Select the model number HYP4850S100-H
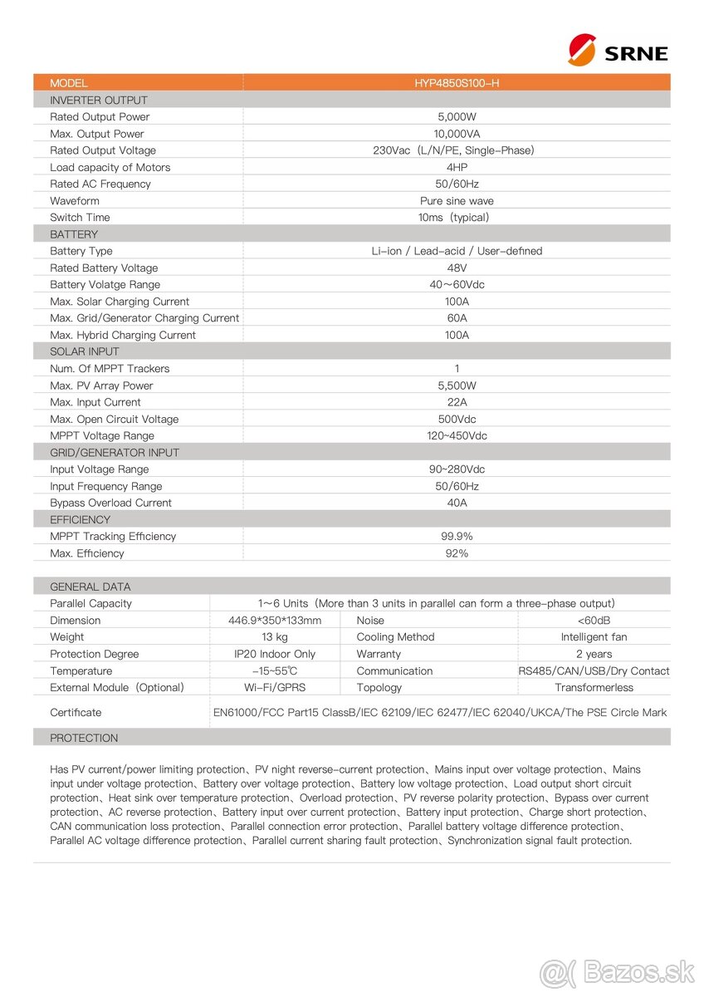(457, 83)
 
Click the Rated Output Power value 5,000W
(457, 117)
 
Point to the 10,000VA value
(457, 134)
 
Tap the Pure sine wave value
(457, 201)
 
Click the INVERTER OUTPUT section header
(99, 101)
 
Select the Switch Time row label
(80, 218)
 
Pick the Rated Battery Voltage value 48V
(457, 268)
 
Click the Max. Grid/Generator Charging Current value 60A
(457, 318)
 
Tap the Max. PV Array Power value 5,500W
(457, 386)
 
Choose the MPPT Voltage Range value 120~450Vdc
(457, 436)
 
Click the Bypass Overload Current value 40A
(457, 503)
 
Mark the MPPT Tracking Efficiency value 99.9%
(457, 537)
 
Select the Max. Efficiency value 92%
(457, 553)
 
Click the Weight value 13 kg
(275, 637)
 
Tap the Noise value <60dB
(594, 621)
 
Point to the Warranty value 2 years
(594, 654)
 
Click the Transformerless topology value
(594, 687)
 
